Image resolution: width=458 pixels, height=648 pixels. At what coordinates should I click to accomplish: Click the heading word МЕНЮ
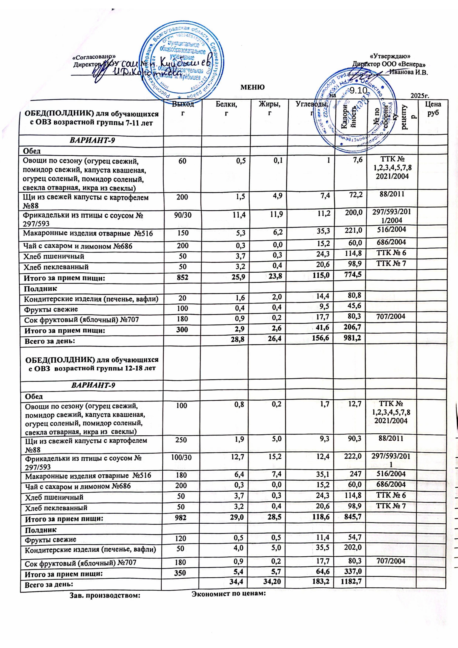[x=252, y=87]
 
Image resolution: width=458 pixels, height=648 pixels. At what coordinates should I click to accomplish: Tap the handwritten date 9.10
[x=358, y=91]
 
